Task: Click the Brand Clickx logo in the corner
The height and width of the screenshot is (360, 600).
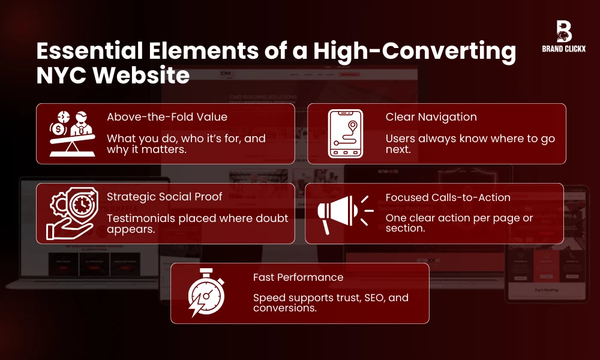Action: [x=563, y=36]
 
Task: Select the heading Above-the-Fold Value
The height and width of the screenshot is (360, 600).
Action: [x=167, y=118]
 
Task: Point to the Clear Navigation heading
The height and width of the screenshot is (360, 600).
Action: [x=431, y=118]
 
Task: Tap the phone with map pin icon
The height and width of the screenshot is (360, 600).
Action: [x=345, y=133]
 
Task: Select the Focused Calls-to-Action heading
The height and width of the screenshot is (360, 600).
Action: [x=448, y=197]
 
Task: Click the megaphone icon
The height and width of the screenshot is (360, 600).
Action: [x=343, y=213]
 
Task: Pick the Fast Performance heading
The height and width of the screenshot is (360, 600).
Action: [x=298, y=277]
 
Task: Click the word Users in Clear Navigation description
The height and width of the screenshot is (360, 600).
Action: [x=400, y=139]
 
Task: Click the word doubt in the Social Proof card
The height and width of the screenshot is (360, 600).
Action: [x=273, y=218]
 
